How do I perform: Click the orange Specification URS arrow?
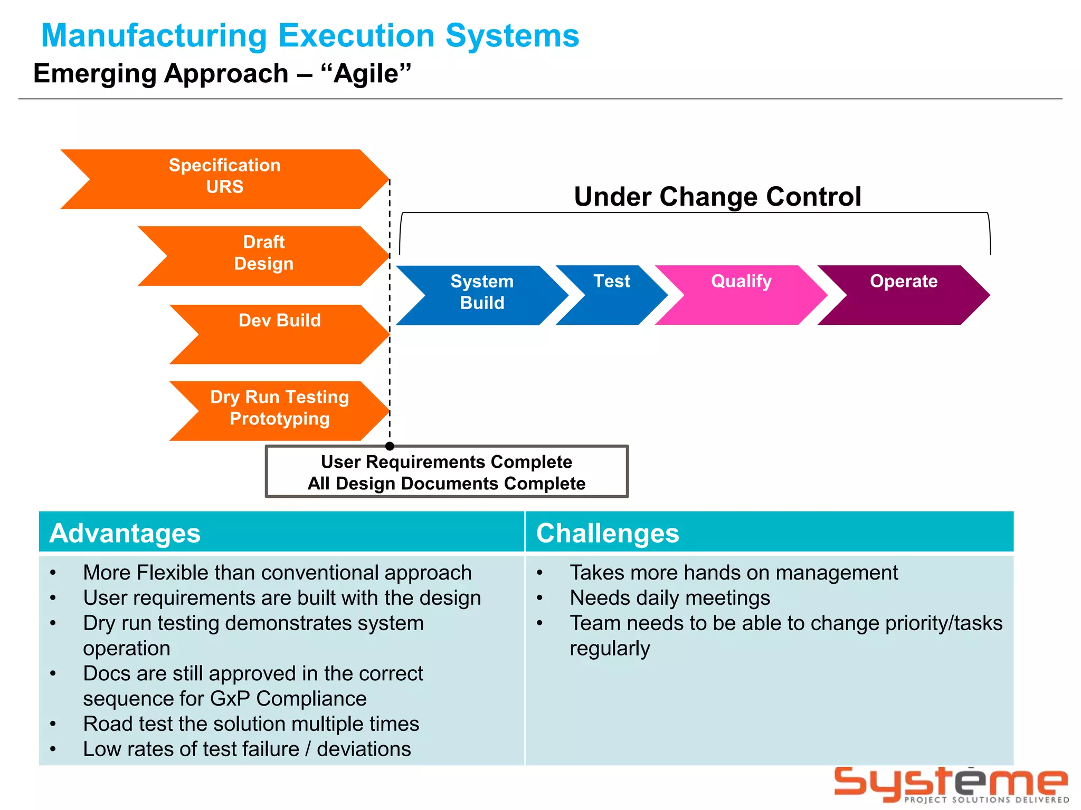coord(224,179)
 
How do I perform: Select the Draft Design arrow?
coord(264,256)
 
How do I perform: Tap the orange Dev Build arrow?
coord(280,334)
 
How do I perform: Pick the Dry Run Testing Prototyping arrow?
coord(280,410)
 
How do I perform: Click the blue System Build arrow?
coord(482,295)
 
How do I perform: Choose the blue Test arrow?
coord(612,295)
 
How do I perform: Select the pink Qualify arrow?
coord(741,295)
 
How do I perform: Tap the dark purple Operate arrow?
coord(904,295)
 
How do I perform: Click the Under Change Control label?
coord(717,197)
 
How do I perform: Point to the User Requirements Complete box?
coord(447,472)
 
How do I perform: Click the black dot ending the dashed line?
coord(390,446)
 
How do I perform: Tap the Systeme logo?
coord(951,784)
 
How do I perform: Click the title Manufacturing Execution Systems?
coord(310,36)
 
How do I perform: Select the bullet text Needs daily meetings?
coord(670,598)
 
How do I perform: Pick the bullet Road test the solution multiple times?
coord(251,724)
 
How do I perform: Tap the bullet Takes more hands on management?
coord(734,573)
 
